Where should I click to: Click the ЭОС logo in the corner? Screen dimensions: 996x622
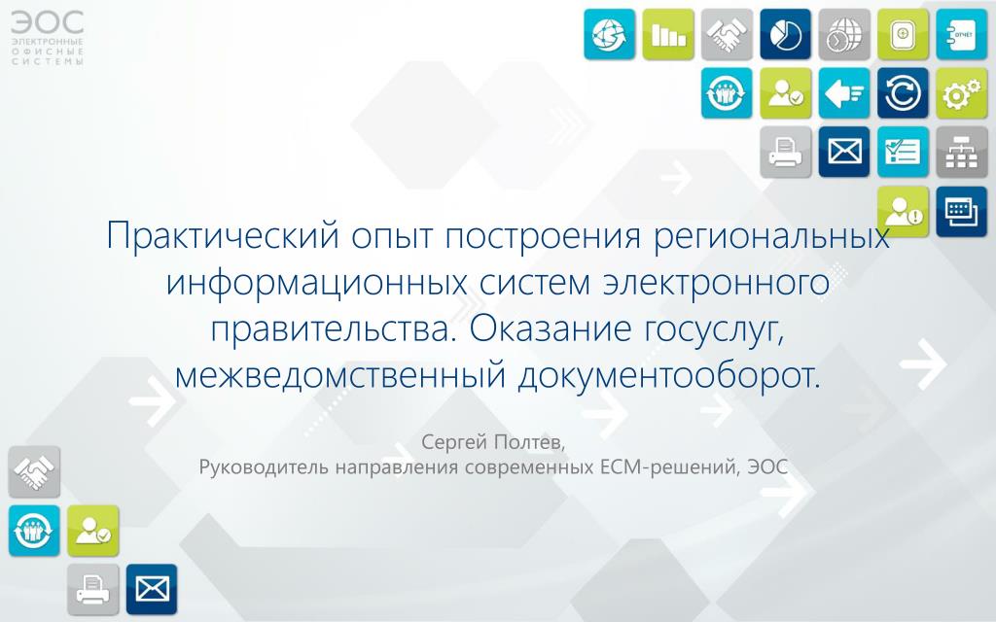47,38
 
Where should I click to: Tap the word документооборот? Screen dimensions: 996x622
669,376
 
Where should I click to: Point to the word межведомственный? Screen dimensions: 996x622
340,376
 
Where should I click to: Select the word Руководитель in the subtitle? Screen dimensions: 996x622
264,467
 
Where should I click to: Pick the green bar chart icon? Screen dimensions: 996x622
668,34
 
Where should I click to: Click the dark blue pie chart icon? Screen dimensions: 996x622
785,34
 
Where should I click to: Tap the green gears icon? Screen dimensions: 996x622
961,93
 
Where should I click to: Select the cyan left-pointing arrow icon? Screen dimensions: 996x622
844,93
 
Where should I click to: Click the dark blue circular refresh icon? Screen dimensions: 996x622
903,93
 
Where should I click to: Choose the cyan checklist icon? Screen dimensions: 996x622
903,153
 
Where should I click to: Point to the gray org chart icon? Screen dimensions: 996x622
961,153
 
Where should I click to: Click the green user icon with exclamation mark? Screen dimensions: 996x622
903,211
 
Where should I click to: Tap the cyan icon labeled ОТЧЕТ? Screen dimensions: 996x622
961,34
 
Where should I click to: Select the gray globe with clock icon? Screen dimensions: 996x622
844,34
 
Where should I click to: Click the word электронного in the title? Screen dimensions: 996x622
716,283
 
